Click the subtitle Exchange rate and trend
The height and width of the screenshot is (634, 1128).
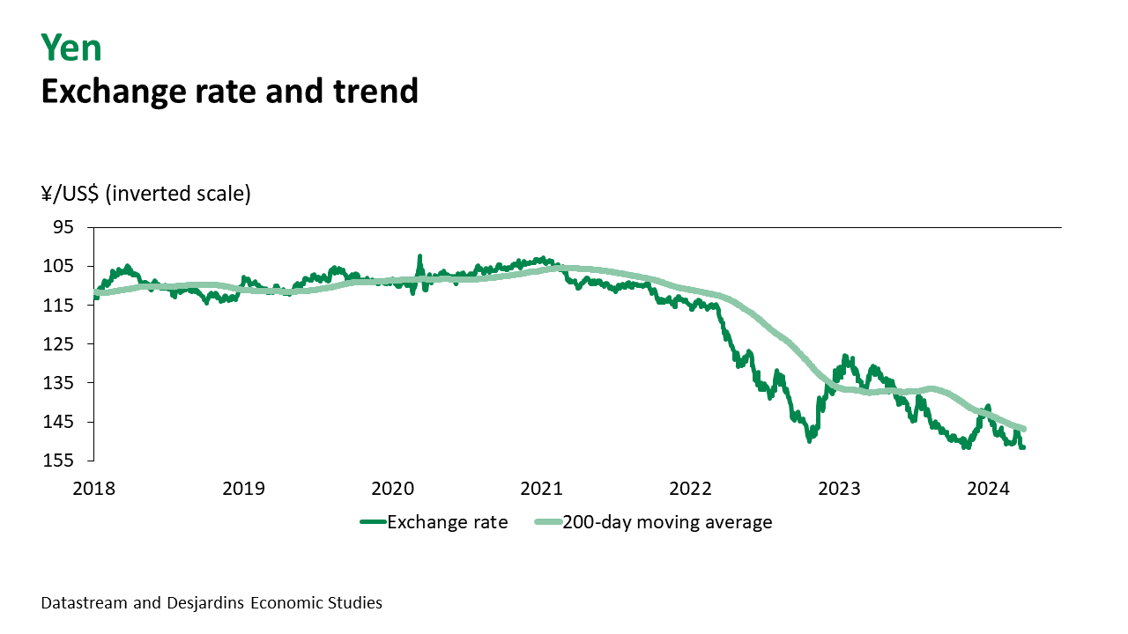(x=229, y=91)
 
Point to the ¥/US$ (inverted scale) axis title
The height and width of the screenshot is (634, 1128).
(x=146, y=194)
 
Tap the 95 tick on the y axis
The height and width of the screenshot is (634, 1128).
(x=63, y=227)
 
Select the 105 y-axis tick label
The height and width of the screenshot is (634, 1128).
(x=60, y=266)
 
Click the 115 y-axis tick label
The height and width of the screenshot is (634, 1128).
(x=60, y=305)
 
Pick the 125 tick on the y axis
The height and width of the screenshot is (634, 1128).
(x=60, y=343)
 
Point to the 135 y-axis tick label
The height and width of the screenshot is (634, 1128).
(x=60, y=382)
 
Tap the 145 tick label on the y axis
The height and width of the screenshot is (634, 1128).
(x=60, y=422)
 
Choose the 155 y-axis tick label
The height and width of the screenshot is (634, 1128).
(x=60, y=461)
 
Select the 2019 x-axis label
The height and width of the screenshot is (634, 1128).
(x=243, y=488)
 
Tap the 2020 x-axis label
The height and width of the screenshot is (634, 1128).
(x=392, y=488)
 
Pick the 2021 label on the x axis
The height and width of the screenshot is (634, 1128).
(x=541, y=488)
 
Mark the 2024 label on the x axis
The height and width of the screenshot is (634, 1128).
(x=988, y=488)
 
